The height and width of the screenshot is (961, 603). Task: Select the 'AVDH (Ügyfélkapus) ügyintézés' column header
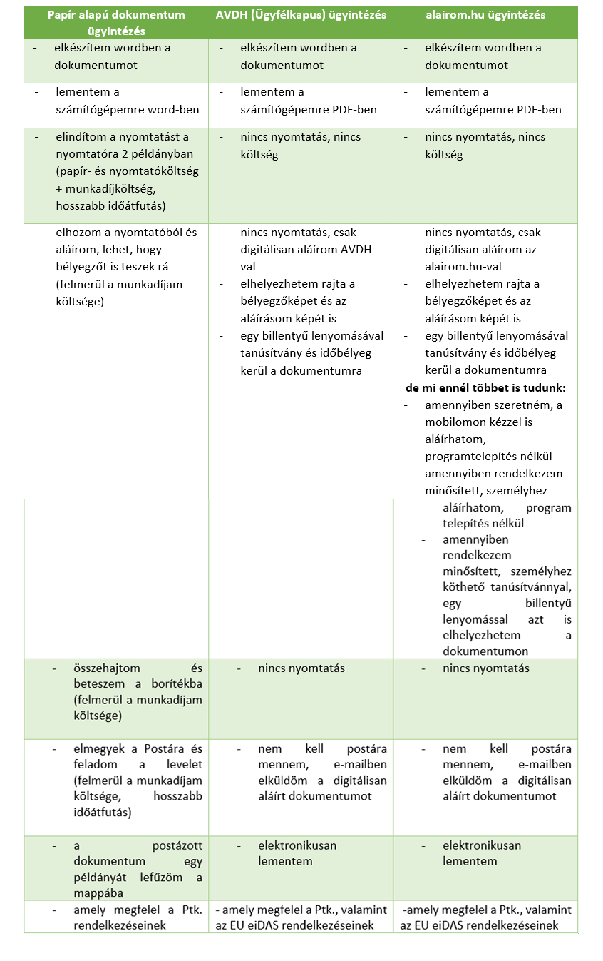point(301,15)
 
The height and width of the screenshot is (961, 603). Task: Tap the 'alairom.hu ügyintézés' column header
point(485,15)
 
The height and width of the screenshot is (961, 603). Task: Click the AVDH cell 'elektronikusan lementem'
point(297,853)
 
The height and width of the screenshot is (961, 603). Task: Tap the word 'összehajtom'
point(107,668)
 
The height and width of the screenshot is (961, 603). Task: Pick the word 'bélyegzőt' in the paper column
point(81,267)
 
